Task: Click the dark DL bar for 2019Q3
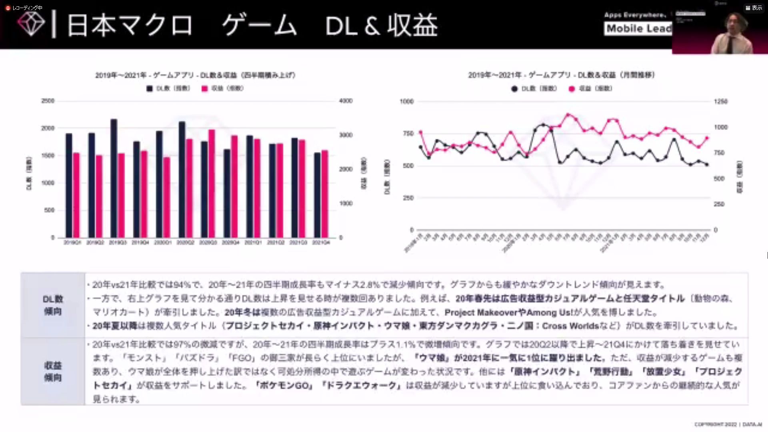(114, 178)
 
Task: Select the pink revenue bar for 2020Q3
(212, 183)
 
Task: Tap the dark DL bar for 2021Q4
(317, 195)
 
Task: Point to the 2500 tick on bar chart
(48, 101)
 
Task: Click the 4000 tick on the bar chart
(346, 101)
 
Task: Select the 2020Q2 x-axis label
(185, 243)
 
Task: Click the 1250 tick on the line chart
(720, 102)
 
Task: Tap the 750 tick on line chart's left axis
(408, 134)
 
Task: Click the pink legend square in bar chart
(205, 88)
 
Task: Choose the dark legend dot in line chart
(514, 89)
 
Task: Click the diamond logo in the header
(31, 24)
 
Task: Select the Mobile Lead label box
(638, 28)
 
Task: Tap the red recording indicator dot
(8, 8)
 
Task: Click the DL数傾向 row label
(53, 305)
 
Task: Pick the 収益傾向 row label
(53, 371)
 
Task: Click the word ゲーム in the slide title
(259, 25)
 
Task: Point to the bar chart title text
(195, 75)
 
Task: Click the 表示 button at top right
(754, 8)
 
